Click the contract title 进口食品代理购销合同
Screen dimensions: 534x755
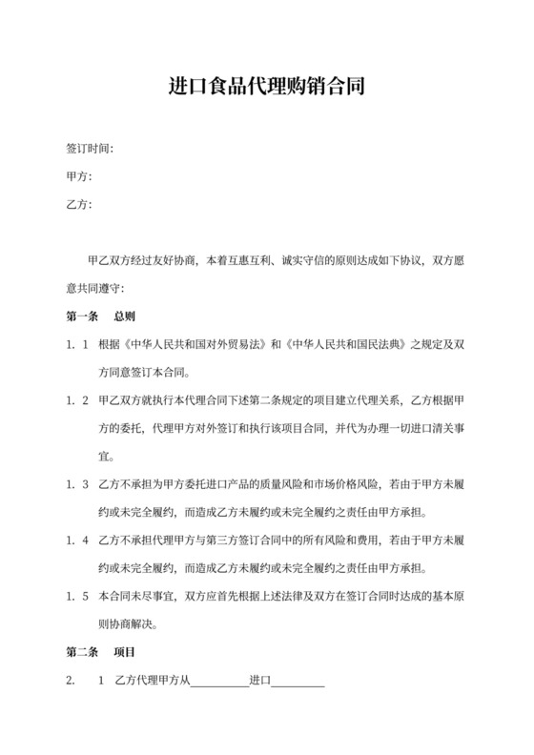pos(266,89)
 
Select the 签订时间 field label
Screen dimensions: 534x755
pos(90,150)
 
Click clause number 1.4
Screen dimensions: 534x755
pos(77,540)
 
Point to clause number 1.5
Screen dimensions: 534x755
pos(77,596)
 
